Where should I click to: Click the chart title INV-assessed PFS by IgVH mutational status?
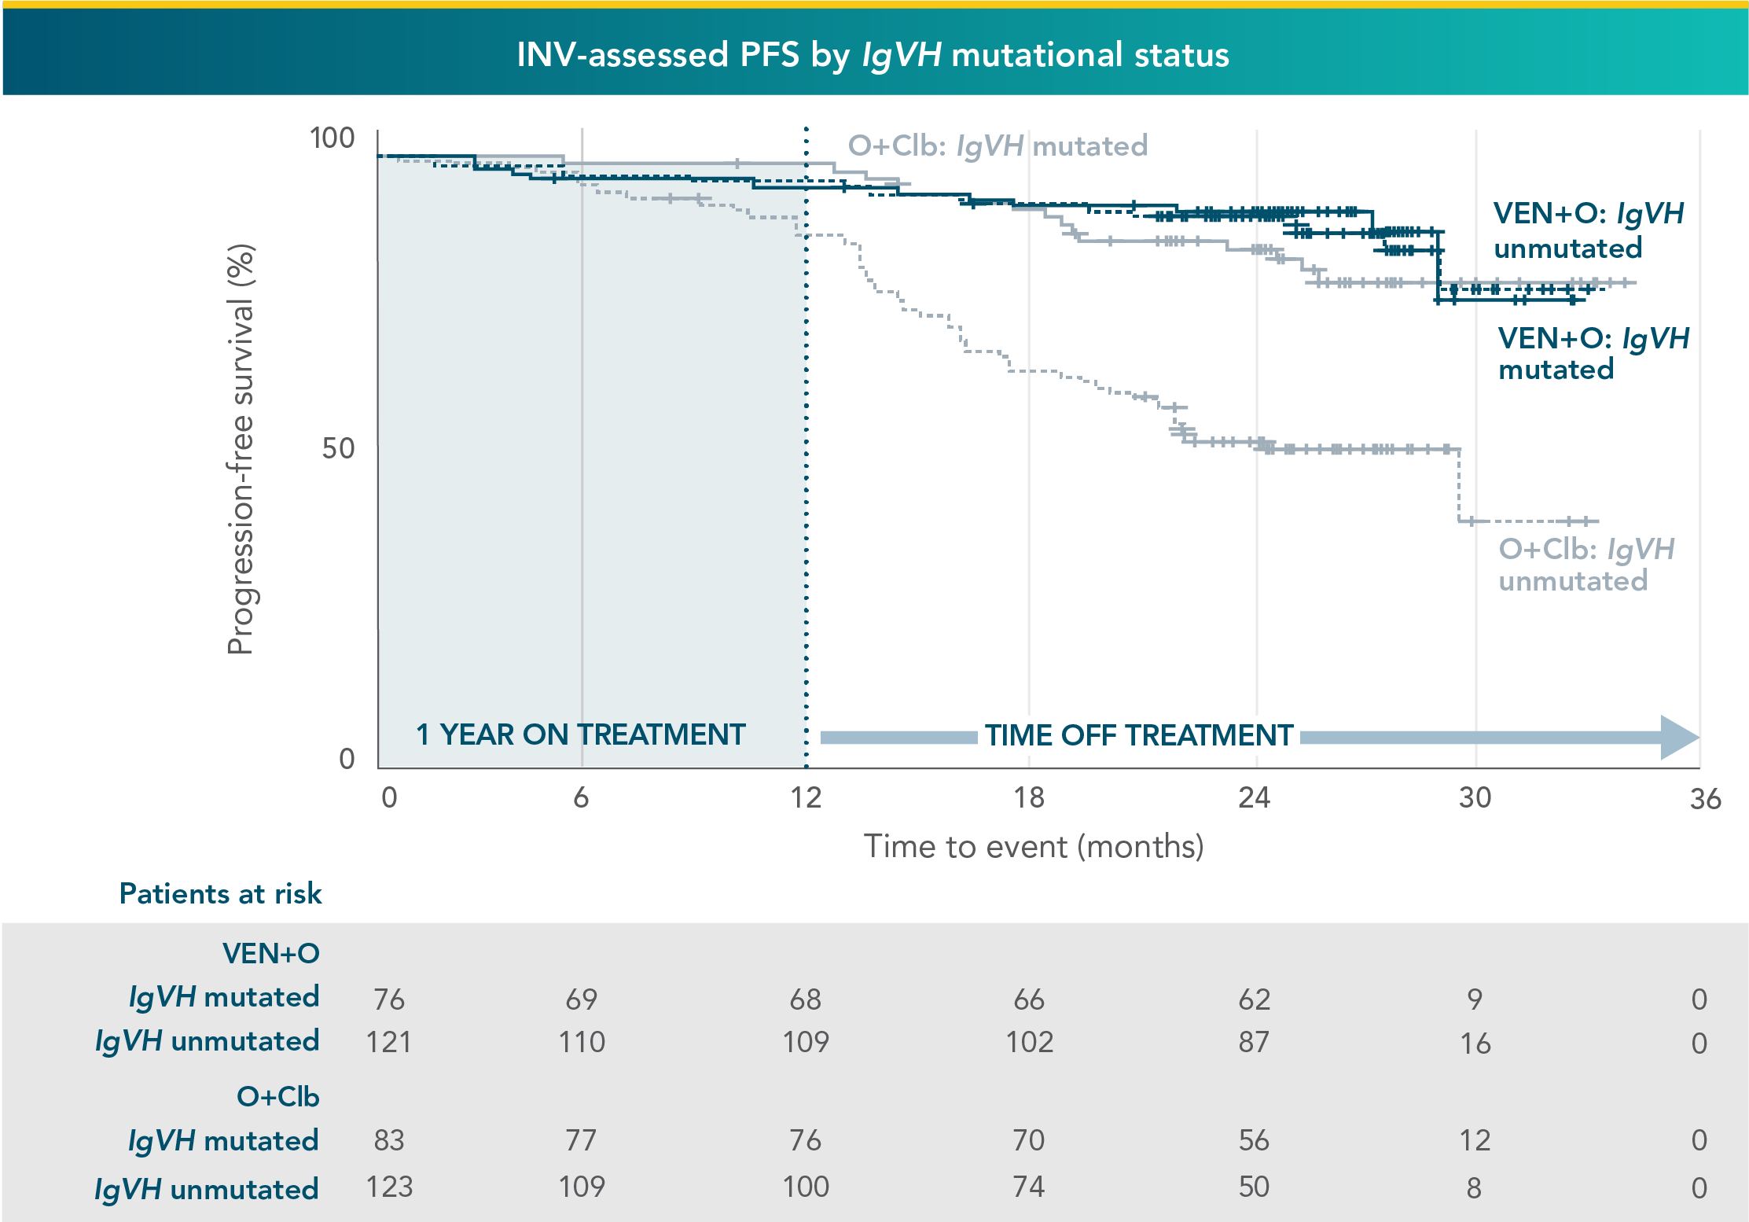tap(873, 55)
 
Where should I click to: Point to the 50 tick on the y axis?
tap(338, 448)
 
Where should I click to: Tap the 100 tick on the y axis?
tap(332, 138)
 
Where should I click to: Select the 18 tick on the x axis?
tap(1028, 797)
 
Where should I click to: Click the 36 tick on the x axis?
tap(1704, 799)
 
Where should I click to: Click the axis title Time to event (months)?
tap(1034, 847)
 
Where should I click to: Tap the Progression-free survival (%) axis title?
tap(241, 448)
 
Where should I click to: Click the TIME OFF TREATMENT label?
tap(1139, 735)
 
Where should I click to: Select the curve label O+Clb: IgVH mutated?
tap(997, 146)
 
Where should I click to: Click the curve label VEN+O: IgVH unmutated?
tap(1588, 230)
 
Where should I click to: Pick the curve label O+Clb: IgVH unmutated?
tap(1586, 565)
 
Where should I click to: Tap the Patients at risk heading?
tap(220, 894)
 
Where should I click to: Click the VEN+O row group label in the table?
tap(270, 953)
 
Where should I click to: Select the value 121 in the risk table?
tap(388, 1043)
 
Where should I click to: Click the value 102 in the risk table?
tap(1029, 1043)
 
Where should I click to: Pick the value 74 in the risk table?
tap(1028, 1187)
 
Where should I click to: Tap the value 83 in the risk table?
tap(388, 1140)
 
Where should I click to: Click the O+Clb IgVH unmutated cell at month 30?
tap(1474, 1187)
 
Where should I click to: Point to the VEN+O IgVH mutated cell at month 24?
tap(1254, 999)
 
